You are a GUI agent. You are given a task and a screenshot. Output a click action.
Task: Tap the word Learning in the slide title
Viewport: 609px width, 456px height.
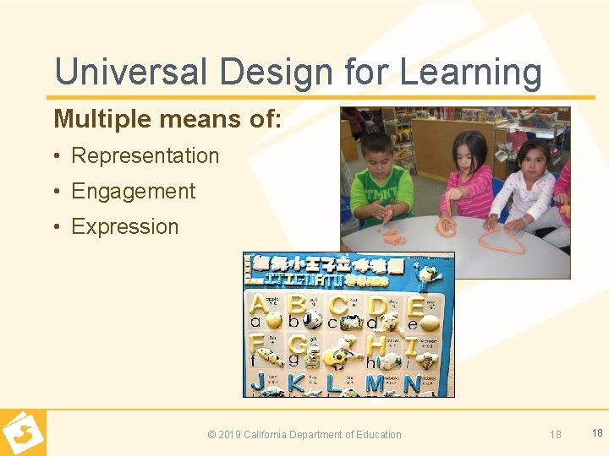[470, 73]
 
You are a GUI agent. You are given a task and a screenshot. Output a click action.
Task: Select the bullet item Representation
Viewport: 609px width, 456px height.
[145, 155]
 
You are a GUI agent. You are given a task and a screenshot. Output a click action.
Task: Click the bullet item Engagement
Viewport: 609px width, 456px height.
[133, 191]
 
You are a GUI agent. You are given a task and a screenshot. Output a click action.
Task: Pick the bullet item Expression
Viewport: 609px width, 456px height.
[124, 226]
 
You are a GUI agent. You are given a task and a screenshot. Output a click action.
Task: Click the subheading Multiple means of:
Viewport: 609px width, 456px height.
[167, 119]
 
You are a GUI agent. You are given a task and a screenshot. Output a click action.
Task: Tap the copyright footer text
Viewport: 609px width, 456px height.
[304, 434]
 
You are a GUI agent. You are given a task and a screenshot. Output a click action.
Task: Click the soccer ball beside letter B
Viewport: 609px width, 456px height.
[312, 320]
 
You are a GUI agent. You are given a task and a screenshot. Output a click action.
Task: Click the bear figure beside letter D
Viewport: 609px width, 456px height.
[392, 322]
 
